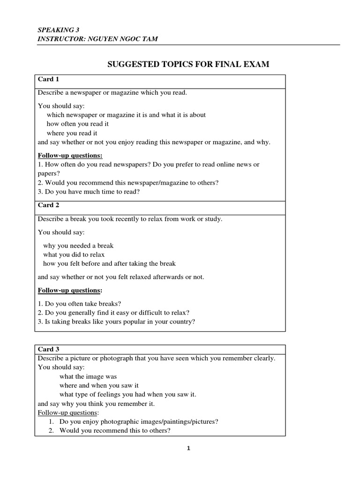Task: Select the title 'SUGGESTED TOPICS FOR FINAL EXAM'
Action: (188, 64)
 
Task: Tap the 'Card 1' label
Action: (48, 79)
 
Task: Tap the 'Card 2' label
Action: (48, 205)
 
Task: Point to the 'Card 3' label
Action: (48, 349)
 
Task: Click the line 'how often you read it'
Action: (78, 124)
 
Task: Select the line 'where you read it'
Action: (72, 133)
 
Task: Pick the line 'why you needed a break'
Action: (78, 246)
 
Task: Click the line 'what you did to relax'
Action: (74, 255)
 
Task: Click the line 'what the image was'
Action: (88, 376)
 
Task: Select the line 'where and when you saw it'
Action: (99, 385)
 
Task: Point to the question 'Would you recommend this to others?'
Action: (114, 430)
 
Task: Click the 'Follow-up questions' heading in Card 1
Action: (70, 156)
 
